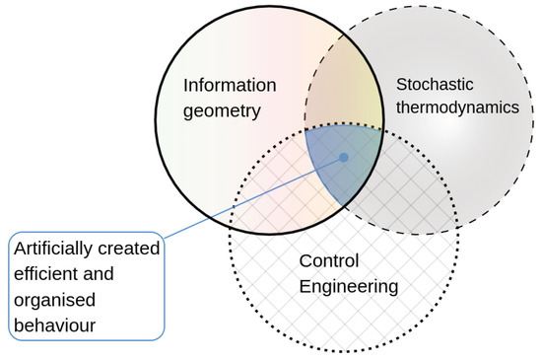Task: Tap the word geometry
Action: pos(222,110)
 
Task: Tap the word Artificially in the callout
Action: pos(53,251)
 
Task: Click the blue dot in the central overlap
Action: pos(343,157)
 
